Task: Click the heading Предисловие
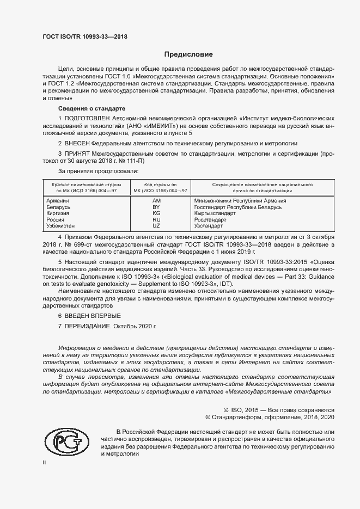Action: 189,54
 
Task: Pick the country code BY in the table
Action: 156,207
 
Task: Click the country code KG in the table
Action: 156,213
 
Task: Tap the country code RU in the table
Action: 156,219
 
